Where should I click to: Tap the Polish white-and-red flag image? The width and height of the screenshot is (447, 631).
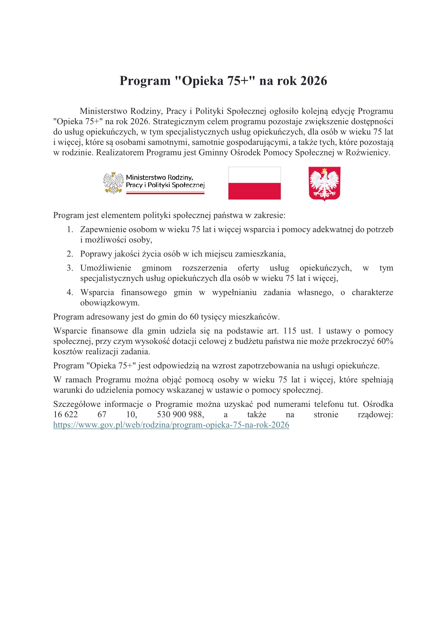pyautogui.click(x=254, y=183)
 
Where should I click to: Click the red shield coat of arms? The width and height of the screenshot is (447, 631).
pyautogui.click(x=325, y=183)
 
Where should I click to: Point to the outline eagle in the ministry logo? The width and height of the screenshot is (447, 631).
pyautogui.click(x=113, y=183)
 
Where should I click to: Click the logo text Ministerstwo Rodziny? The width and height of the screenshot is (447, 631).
pyautogui.click(x=160, y=177)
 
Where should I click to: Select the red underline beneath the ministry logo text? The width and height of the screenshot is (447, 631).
pyautogui.click(x=165, y=193)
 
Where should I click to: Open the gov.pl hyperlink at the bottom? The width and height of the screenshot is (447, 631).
pyautogui.click(x=171, y=425)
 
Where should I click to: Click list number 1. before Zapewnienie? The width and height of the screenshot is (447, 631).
pyautogui.click(x=70, y=230)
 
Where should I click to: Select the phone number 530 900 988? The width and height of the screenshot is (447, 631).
pyautogui.click(x=180, y=414)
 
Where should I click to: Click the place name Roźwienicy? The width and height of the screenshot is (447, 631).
pyautogui.click(x=368, y=153)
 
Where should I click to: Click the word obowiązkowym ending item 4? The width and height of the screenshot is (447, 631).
pyautogui.click(x=110, y=303)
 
